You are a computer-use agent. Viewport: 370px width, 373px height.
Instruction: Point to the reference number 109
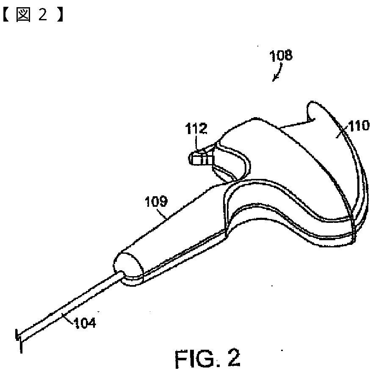pyautogui.click(x=157, y=202)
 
